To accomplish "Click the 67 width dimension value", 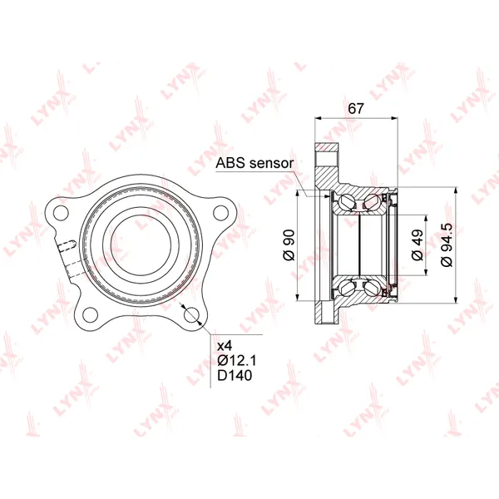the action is (x=355, y=108).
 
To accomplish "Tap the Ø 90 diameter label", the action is (x=289, y=245).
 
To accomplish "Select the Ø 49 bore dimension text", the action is (x=417, y=245).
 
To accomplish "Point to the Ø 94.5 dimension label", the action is (x=447, y=245).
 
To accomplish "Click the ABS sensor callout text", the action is (x=254, y=163).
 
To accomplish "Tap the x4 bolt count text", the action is (x=225, y=346).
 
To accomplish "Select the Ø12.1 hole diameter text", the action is (x=237, y=361).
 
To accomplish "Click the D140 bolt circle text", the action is (x=235, y=376).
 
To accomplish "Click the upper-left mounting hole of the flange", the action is (x=62, y=213).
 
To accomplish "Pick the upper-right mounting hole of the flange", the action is (x=221, y=213).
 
